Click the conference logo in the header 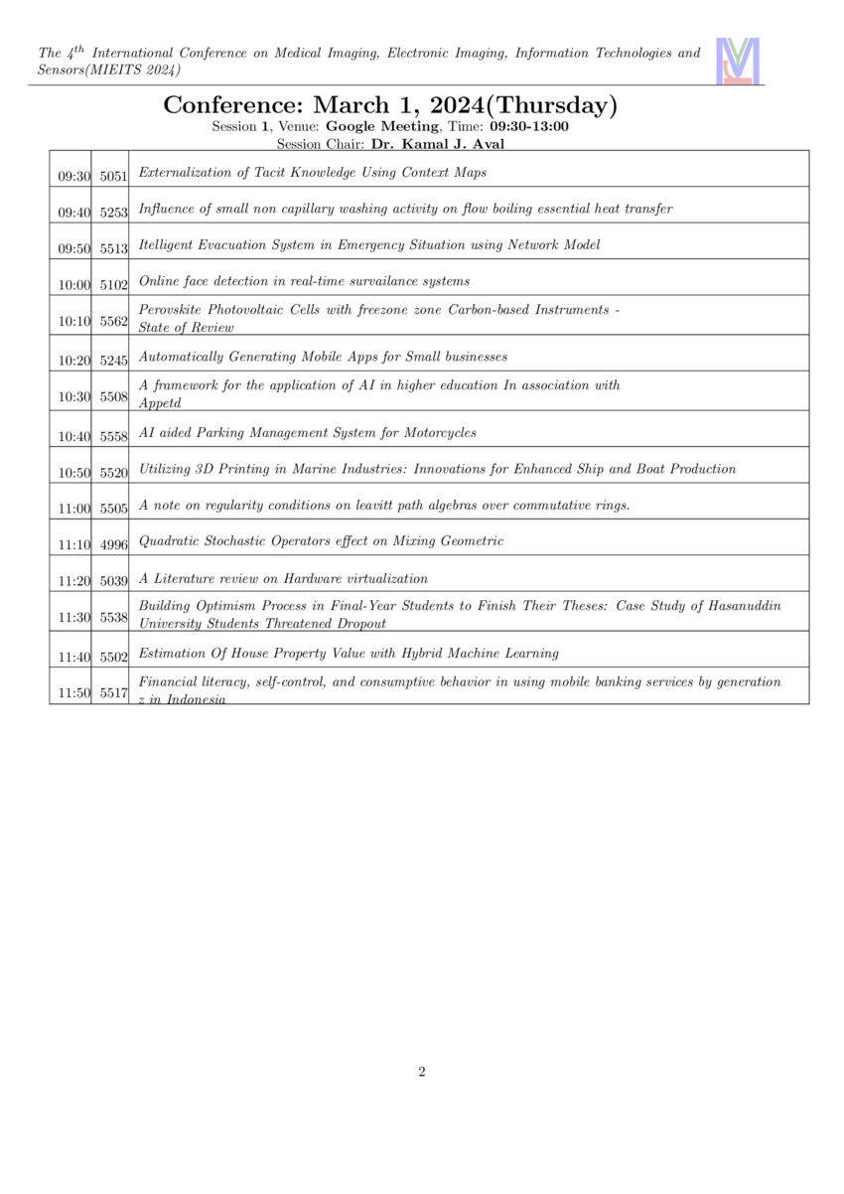tap(738, 61)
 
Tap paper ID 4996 tap(114, 544)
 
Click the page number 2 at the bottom tap(422, 1071)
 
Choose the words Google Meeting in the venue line tap(381, 126)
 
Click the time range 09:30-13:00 tap(529, 126)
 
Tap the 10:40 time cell tap(73, 434)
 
